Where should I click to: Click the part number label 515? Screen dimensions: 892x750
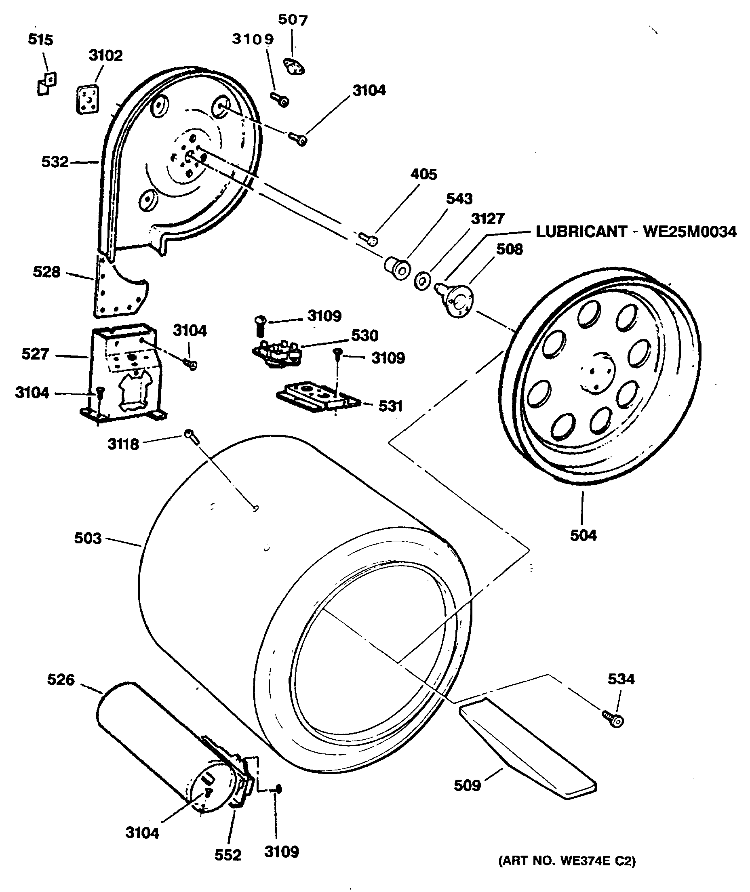pos(40,40)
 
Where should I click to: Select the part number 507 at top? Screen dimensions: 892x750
pos(293,19)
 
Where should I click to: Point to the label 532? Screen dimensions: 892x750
pos(55,162)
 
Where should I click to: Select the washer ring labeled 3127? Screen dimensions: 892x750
pos(422,281)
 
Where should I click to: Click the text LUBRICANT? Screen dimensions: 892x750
pos(581,232)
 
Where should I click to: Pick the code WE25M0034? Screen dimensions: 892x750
pos(690,232)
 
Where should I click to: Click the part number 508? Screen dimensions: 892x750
pos(509,249)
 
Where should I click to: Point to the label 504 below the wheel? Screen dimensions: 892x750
pos(584,535)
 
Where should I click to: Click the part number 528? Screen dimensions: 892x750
pos(47,272)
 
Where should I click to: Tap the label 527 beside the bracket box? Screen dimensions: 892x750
pos(36,354)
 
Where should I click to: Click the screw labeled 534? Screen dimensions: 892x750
pos(613,718)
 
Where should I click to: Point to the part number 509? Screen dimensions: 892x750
pos(467,785)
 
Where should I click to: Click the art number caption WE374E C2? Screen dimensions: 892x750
pos(567,860)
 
